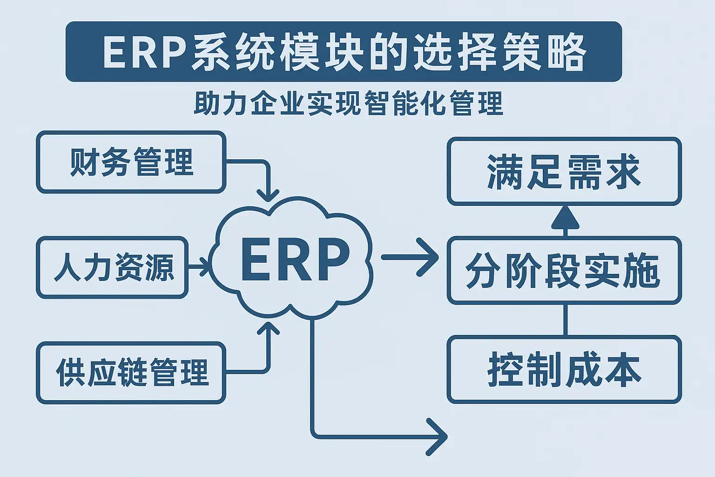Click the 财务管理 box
[131, 162]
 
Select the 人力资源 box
[112, 267]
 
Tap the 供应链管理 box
[131, 373]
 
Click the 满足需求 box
[564, 171]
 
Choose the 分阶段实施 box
[564, 270]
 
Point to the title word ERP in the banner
[144, 52]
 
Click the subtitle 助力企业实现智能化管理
[348, 103]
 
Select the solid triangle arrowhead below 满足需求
[565, 217]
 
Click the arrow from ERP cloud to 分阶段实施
[410, 257]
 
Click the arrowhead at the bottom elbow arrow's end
[438, 436]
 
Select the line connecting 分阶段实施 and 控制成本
[565, 320]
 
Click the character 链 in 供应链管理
[133, 373]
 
